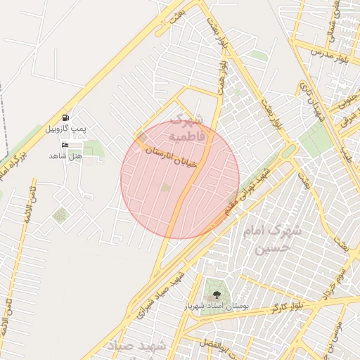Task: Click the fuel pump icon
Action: (65, 117)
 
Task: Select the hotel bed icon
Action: (65, 145)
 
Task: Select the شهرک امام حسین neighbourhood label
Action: (271, 239)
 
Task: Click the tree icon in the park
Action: (215, 295)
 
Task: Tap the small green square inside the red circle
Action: (165, 187)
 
